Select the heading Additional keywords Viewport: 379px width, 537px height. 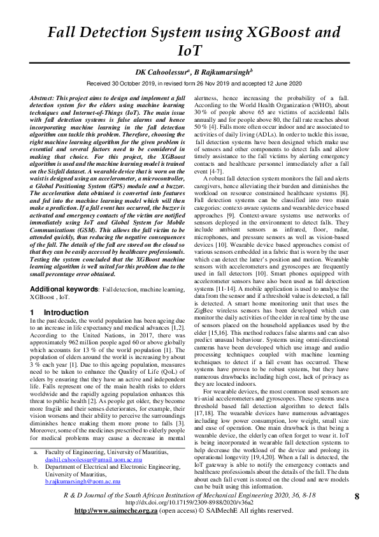click(64, 290)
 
